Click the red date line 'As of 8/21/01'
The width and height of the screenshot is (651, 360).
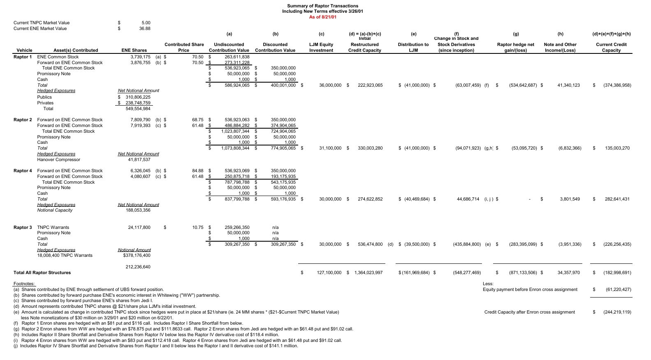coord(322,17)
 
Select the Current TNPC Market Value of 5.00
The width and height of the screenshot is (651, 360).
coord(146,23)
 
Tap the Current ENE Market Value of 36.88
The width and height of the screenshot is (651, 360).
coord(145,28)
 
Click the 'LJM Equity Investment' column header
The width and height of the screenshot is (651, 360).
coord(321,47)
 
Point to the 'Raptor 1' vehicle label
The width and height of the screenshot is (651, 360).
coord(23,57)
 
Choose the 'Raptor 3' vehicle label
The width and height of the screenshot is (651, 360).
coord(23,227)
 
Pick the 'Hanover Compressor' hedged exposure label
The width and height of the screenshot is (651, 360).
coord(58,159)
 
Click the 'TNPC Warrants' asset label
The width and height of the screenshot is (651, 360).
coord(53,227)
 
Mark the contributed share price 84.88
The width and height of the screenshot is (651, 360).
coord(198,171)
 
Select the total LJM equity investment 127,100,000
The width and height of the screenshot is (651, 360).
coord(329,272)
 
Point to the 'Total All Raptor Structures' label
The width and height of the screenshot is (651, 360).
coord(42,272)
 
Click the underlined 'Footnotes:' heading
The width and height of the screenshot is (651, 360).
coord(24,284)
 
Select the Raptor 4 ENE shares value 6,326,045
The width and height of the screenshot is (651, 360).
coord(140,171)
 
